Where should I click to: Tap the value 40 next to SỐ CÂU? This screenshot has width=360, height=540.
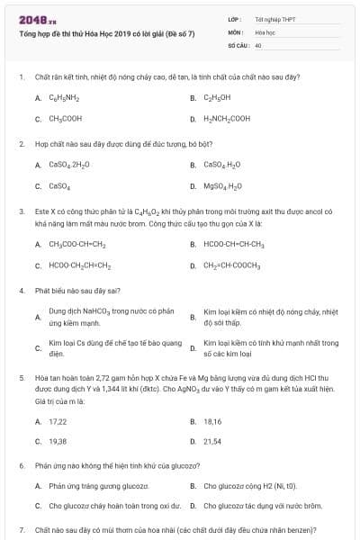tap(258, 44)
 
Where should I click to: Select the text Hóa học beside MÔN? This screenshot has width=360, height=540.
tap(264, 31)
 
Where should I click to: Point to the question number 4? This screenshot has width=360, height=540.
tap(21, 291)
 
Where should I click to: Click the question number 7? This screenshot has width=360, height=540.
tap(21, 530)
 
